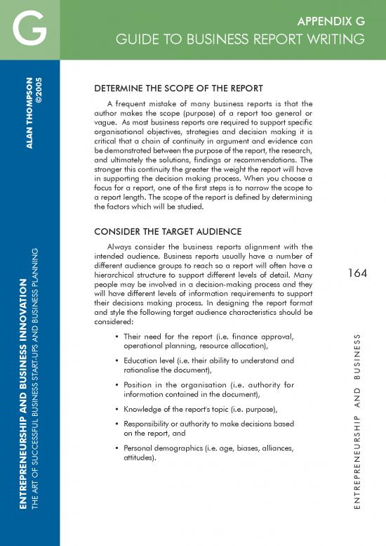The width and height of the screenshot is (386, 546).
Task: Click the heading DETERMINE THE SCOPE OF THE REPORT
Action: tap(178, 89)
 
